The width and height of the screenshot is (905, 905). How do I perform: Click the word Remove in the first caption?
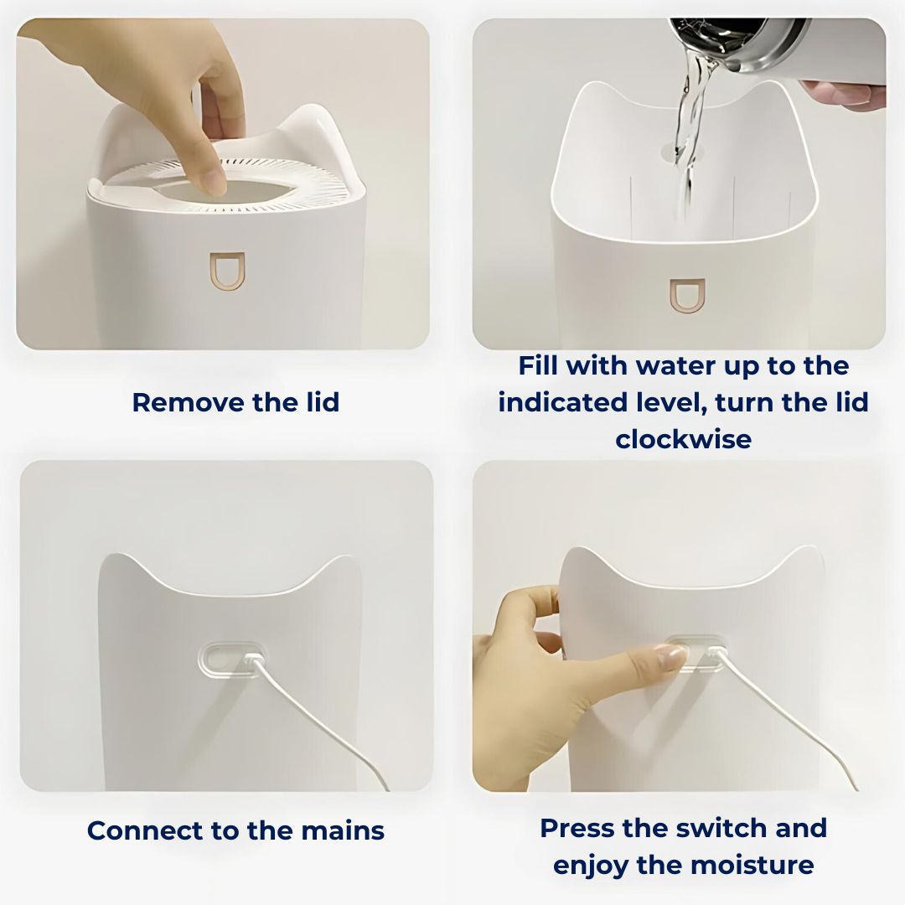[176, 402]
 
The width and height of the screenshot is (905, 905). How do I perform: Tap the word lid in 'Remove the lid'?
[318, 402]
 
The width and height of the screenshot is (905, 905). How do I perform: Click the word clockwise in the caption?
[683, 439]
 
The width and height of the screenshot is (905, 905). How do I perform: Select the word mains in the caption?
[344, 830]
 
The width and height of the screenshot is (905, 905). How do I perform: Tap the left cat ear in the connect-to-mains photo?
[117, 564]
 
